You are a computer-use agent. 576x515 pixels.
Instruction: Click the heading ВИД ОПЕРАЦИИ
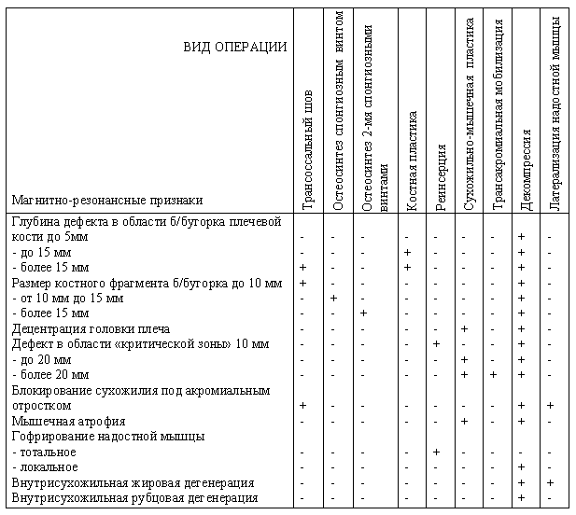click(234, 48)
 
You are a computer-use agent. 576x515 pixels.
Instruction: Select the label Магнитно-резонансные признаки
click(107, 200)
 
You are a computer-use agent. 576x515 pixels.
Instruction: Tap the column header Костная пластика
click(412, 163)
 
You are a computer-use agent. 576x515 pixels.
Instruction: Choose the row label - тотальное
click(45, 452)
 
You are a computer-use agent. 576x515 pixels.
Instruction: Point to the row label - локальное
click(45, 466)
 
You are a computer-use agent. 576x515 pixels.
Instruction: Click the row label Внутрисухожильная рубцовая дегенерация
click(134, 497)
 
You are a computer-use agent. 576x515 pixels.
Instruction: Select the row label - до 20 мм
click(41, 359)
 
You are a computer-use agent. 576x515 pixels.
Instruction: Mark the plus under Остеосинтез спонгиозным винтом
click(333, 298)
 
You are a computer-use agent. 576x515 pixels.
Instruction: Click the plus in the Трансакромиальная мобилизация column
click(493, 375)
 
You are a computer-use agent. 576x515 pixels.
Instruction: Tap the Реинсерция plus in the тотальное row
click(436, 452)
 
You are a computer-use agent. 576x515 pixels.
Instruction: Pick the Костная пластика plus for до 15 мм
click(407, 253)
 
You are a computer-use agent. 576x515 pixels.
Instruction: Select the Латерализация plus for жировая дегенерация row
click(551, 482)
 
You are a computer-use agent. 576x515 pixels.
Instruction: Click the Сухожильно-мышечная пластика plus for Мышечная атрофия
click(464, 421)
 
